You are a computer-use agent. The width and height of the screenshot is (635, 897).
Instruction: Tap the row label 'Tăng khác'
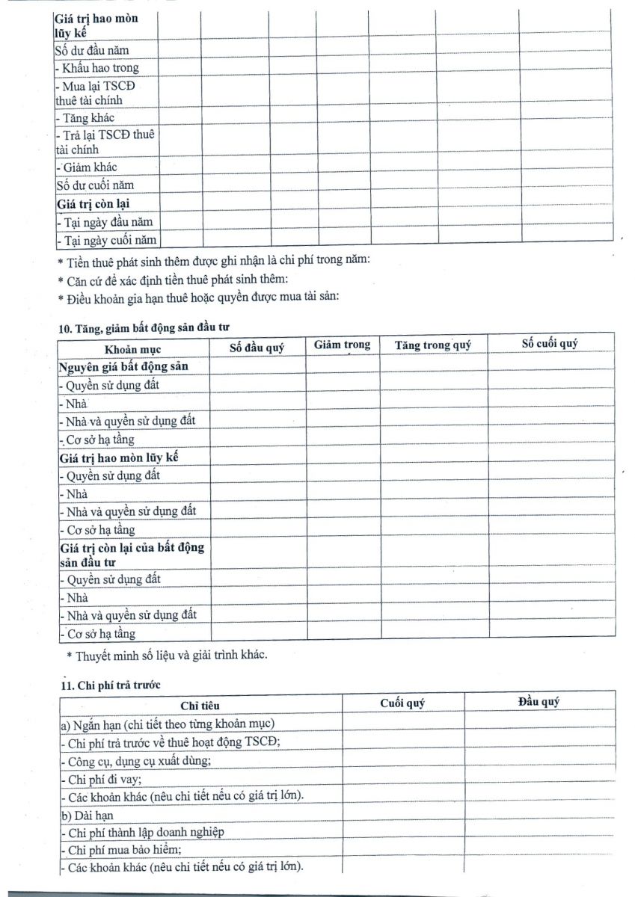point(88,117)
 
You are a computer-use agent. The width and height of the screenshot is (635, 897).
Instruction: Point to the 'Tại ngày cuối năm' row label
point(106,239)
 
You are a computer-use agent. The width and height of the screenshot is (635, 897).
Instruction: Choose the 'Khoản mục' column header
point(132,349)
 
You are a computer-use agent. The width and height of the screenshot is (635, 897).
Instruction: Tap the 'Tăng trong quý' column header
point(432,345)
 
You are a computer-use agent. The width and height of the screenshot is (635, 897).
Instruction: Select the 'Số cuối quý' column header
point(550,343)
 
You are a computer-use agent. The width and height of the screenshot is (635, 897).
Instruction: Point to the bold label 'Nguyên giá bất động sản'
point(123,367)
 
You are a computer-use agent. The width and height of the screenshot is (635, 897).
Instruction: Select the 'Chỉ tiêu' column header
point(200,706)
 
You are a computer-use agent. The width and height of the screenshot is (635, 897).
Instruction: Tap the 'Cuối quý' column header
point(402,703)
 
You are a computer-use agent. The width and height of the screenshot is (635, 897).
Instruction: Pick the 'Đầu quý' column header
point(539,702)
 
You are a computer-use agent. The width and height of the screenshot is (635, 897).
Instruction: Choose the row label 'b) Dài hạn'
point(87,814)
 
